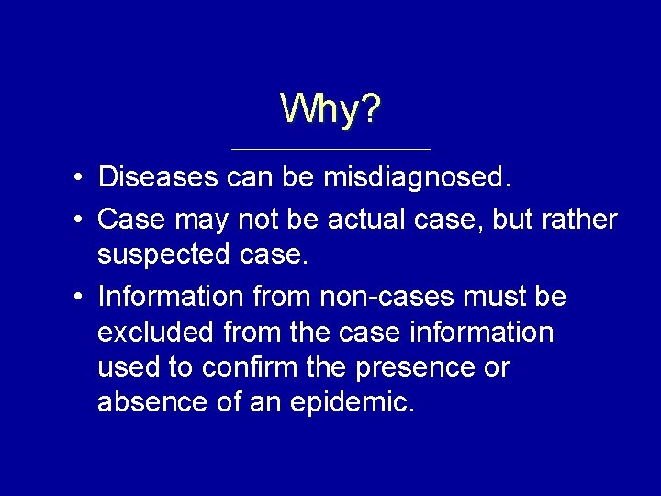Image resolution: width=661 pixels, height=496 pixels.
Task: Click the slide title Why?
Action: tap(330, 109)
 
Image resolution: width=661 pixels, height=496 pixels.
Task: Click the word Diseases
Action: tap(157, 176)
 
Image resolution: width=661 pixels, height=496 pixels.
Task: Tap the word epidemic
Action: tap(353, 402)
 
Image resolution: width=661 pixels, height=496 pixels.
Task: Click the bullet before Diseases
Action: tap(81, 177)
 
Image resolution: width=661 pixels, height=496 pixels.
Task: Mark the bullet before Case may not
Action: tap(81, 220)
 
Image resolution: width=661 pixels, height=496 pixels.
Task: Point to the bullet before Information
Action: tap(81, 298)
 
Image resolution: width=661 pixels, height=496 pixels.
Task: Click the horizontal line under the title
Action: tap(330, 149)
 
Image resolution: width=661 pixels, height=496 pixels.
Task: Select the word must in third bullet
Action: tap(492, 297)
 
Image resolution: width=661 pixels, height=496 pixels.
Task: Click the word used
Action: tap(127, 366)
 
